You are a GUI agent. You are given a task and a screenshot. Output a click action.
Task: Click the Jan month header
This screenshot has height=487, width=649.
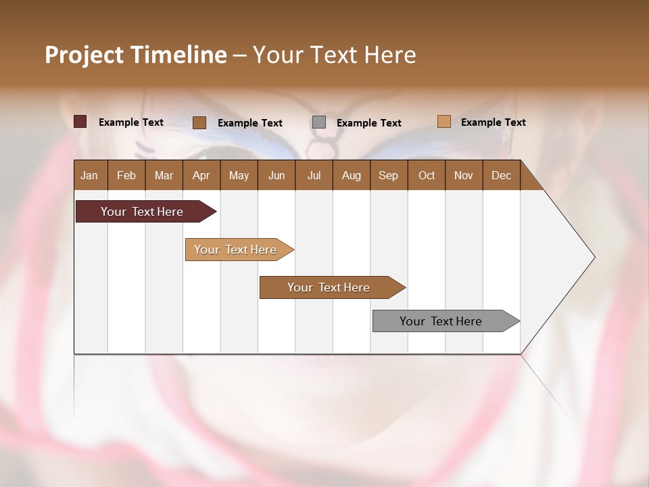pos(89,175)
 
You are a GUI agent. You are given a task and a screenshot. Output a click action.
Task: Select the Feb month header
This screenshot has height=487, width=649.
pos(126,175)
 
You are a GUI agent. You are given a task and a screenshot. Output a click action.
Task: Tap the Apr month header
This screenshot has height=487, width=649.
pos(201,175)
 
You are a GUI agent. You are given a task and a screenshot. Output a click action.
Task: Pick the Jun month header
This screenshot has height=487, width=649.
pos(277,175)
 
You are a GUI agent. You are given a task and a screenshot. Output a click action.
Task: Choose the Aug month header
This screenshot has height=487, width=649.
pos(351,175)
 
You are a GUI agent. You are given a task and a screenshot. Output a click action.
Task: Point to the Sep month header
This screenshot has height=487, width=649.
pos(388,175)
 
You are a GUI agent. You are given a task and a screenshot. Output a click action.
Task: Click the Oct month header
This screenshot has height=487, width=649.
pos(427,175)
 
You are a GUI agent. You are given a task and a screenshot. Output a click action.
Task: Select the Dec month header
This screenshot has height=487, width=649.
pos(501,175)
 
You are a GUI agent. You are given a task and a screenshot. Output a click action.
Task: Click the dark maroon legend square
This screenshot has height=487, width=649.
pos(80,122)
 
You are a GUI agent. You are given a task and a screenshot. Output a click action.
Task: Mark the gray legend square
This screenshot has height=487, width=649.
pos(319,122)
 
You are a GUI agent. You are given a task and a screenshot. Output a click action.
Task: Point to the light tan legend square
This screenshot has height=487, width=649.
pos(443,122)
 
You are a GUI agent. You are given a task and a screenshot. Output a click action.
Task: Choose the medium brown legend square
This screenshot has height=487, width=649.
pos(199,122)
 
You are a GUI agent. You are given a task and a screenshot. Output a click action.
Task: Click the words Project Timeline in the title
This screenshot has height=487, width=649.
pos(135,55)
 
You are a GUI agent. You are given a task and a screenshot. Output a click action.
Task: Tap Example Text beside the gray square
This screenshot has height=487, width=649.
pos(368,123)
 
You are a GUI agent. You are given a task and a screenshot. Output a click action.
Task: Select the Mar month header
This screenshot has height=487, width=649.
pos(164,175)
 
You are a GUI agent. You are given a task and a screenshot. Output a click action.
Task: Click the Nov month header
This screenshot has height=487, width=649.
pos(463,175)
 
